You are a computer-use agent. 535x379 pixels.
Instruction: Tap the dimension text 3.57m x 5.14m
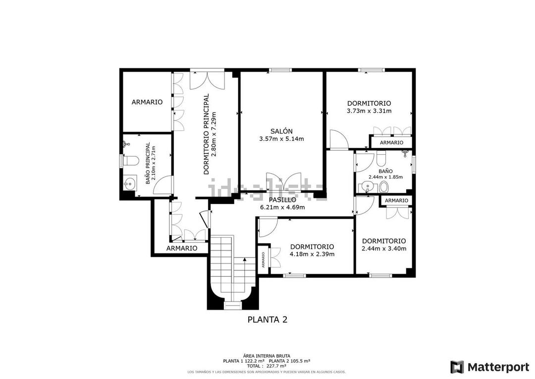pos(281,139)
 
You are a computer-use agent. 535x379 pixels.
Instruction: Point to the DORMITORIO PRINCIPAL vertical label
pos(207,134)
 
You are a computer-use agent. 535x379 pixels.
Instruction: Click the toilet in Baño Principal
pos(130,161)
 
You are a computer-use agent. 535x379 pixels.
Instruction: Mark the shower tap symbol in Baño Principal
pos(126,144)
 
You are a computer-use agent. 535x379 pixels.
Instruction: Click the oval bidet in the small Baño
pos(383,187)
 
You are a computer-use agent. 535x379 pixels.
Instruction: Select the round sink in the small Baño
pos(367,187)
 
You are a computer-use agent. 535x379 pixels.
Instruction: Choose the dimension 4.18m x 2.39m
pos(312,254)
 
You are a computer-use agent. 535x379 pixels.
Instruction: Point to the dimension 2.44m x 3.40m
pos(383,249)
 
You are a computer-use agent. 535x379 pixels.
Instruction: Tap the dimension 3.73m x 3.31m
pos(369,111)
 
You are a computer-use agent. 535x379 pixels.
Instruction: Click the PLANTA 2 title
pos(267,320)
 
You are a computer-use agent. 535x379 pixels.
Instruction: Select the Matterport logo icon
pos(457,367)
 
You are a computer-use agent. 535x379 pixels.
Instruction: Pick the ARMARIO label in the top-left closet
pos(147,102)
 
